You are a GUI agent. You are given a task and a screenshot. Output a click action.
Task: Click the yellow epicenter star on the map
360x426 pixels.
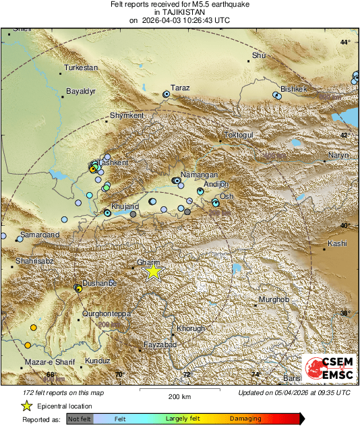pyautogui.click(x=154, y=271)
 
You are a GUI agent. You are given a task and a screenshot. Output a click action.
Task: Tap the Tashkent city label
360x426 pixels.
pyautogui.click(x=113, y=163)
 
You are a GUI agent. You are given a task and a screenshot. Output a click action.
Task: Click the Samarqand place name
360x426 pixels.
pyautogui.click(x=40, y=235)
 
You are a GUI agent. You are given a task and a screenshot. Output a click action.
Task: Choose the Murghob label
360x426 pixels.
pyautogui.click(x=274, y=299)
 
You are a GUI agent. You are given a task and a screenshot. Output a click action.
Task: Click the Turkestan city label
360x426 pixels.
pyautogui.click(x=81, y=68)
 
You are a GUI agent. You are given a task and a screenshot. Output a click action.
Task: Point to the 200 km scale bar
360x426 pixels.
pyautogui.click(x=179, y=390)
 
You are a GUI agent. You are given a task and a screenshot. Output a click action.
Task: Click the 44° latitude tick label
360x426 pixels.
pyautogui.click(x=345, y=42)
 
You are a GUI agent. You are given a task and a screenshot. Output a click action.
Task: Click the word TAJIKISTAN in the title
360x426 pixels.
pyautogui.click(x=179, y=12)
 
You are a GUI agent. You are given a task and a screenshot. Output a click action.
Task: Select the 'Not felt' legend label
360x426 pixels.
pyautogui.click(x=80, y=419)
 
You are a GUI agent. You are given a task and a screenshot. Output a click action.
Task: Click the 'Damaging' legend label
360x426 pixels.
pyautogui.click(x=245, y=419)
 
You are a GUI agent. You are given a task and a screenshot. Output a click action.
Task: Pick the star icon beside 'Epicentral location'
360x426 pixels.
pyautogui.click(x=26, y=406)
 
